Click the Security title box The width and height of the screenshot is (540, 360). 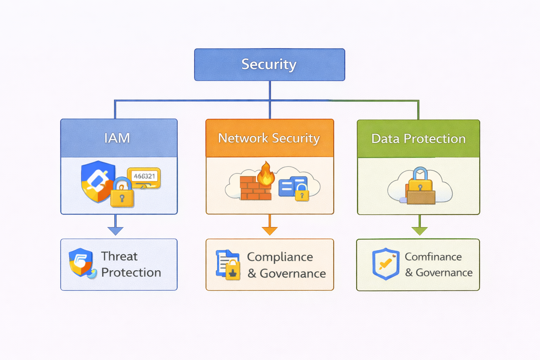click(269, 65)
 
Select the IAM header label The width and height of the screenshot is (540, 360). click(117, 138)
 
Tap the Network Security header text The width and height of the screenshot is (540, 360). click(269, 138)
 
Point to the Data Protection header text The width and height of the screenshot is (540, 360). click(418, 139)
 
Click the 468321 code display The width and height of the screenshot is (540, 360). click(144, 176)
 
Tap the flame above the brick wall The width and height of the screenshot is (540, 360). click(266, 174)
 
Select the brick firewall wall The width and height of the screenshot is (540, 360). click(255, 189)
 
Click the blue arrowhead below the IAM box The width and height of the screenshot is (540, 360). click(115, 231)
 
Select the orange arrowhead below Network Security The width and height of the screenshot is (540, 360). click(270, 231)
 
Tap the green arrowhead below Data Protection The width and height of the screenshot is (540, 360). click(419, 231)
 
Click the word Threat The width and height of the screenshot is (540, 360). click(119, 256)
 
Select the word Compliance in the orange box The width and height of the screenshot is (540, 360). click(280, 257)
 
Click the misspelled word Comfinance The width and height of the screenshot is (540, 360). click(433, 257)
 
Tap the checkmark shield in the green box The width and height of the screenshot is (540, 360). click(386, 264)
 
